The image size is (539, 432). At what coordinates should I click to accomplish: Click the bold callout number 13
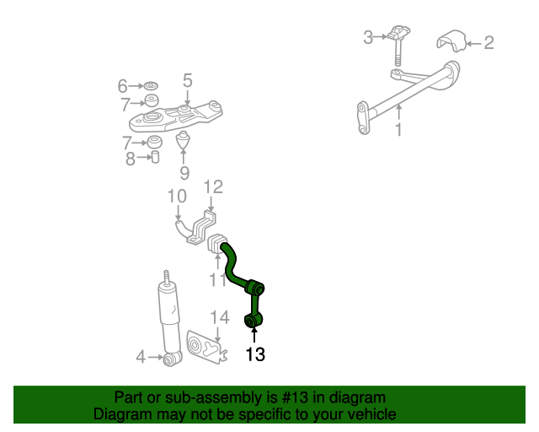click(255, 354)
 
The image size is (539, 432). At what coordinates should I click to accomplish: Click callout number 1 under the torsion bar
click(398, 130)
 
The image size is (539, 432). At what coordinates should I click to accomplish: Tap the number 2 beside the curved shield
click(488, 43)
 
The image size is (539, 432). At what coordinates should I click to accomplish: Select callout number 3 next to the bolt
click(368, 37)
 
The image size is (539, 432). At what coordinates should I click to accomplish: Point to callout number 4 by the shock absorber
click(141, 357)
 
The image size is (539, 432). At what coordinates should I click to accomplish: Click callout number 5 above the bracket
click(187, 80)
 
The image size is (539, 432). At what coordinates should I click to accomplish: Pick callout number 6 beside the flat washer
click(123, 86)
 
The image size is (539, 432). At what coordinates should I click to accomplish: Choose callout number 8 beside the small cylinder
click(131, 159)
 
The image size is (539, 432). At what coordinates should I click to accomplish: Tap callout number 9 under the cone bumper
click(184, 173)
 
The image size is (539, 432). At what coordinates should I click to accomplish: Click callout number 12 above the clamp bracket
click(213, 186)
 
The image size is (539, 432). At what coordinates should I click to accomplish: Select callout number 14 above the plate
click(220, 317)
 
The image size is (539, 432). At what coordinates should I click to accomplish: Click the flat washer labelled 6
click(151, 85)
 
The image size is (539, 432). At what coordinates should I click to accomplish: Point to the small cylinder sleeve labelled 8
click(155, 157)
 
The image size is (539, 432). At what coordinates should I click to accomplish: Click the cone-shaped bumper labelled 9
click(184, 139)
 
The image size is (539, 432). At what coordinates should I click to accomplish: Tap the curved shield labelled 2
click(451, 40)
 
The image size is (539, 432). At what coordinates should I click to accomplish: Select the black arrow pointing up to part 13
click(254, 335)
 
